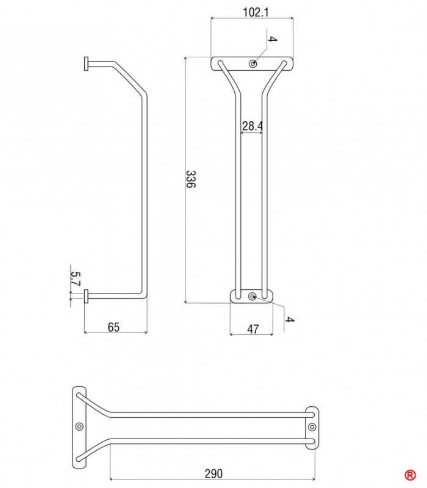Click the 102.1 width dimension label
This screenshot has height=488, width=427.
255,12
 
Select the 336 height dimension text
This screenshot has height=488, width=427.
190,179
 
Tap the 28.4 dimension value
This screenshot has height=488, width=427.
252,126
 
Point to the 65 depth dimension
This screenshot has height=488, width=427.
113,327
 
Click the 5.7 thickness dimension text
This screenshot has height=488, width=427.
76,279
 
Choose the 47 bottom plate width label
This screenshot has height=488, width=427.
253,329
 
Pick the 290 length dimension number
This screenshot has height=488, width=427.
213,474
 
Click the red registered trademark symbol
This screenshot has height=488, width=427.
410,475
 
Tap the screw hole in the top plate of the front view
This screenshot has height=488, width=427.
253,64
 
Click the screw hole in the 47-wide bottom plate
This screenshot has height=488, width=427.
253,296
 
